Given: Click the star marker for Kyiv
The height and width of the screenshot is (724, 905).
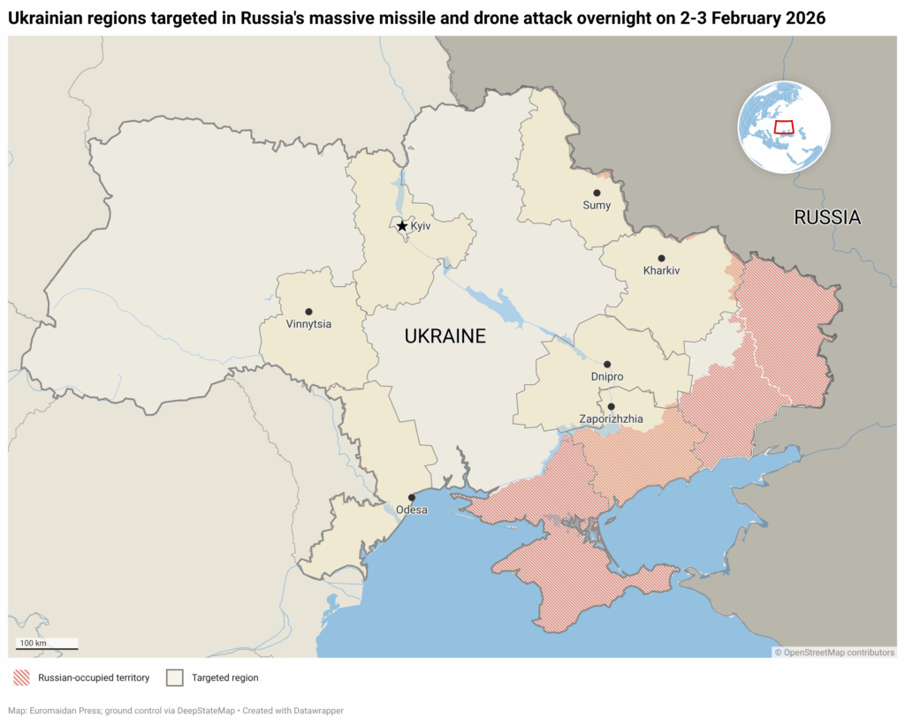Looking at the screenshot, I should point(402,226).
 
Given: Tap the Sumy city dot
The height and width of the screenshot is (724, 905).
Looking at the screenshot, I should point(597,192).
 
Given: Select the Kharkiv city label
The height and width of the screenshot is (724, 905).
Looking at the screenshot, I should point(662,271).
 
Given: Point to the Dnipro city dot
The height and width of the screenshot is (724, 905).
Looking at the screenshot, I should point(607,364).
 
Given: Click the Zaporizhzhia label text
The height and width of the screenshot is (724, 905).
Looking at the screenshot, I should point(611,419).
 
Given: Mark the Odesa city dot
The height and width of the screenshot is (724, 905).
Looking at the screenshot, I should point(411,497).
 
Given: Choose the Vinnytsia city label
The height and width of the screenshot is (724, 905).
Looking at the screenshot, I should point(308,324).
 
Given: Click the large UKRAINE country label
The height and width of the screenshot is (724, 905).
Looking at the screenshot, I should point(445,336).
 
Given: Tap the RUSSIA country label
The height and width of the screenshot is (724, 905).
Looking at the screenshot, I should point(827,217).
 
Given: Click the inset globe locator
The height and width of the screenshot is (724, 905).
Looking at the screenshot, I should point(784,127).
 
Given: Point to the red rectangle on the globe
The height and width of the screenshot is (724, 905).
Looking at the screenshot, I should point(784,126).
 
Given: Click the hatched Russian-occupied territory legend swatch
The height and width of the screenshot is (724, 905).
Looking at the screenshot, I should point(22,678).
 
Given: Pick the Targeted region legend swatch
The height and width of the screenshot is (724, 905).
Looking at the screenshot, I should point(175,678).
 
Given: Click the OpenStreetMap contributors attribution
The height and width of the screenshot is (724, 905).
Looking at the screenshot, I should point(835,652).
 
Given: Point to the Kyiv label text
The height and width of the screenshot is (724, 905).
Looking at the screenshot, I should point(421,227).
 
